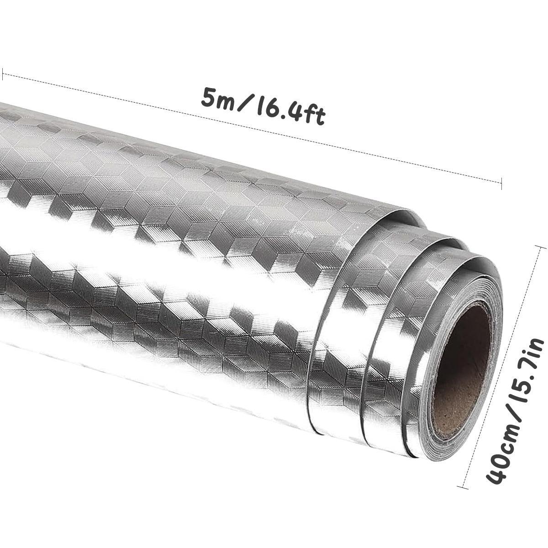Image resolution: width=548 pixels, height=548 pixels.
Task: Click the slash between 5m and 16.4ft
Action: pyautogui.click(x=245, y=104)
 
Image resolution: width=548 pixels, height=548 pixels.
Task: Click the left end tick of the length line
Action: pyautogui.click(x=3, y=74)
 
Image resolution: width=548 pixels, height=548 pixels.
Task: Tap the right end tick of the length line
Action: pyautogui.click(x=501, y=184)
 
